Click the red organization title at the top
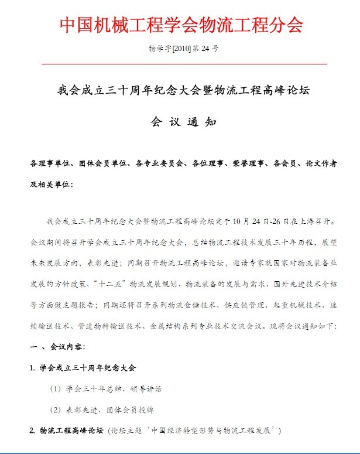(x=181, y=25)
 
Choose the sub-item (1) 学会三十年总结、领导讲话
(x=106, y=389)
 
